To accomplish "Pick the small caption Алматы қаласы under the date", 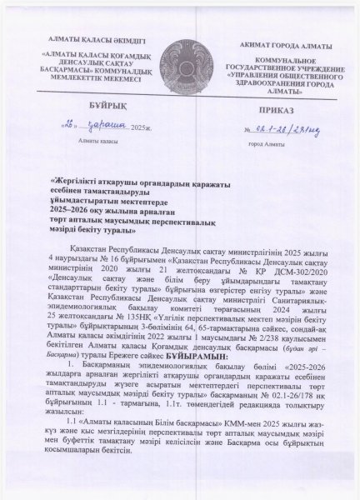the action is (x=74, y=143).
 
